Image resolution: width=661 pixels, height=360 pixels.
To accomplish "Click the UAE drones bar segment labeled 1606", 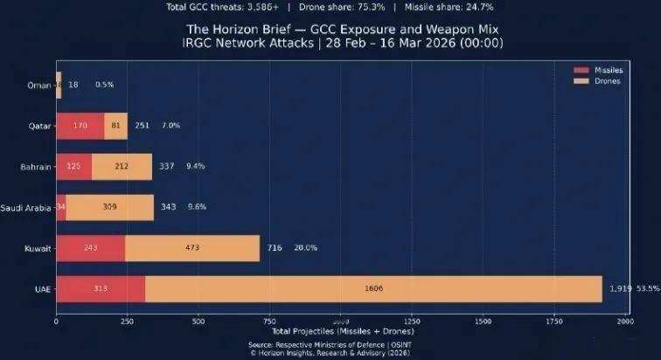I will [373, 288].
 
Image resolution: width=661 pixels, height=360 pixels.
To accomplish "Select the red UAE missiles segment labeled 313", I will [101, 288].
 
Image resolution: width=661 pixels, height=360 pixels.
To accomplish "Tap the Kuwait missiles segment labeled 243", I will [91, 248].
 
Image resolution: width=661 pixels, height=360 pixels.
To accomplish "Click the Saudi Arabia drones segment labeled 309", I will [109, 207].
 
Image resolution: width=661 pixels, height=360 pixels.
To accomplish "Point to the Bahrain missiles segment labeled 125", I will [74, 166].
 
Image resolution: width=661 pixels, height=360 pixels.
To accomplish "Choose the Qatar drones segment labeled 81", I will [116, 125].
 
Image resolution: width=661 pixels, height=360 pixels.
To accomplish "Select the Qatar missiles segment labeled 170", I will [80, 125].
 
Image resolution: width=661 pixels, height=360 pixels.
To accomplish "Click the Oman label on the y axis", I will [38, 85].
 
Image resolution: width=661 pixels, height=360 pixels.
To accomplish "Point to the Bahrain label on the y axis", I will [36, 166].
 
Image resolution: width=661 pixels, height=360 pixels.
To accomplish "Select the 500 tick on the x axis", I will [198, 322].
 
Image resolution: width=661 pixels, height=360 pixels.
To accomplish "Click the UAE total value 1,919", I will [619, 288].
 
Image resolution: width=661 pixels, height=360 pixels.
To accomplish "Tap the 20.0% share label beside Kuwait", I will [305, 248].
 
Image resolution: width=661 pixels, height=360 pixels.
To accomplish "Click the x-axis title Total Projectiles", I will [342, 331].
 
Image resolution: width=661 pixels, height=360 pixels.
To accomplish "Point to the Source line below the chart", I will [342, 344].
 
